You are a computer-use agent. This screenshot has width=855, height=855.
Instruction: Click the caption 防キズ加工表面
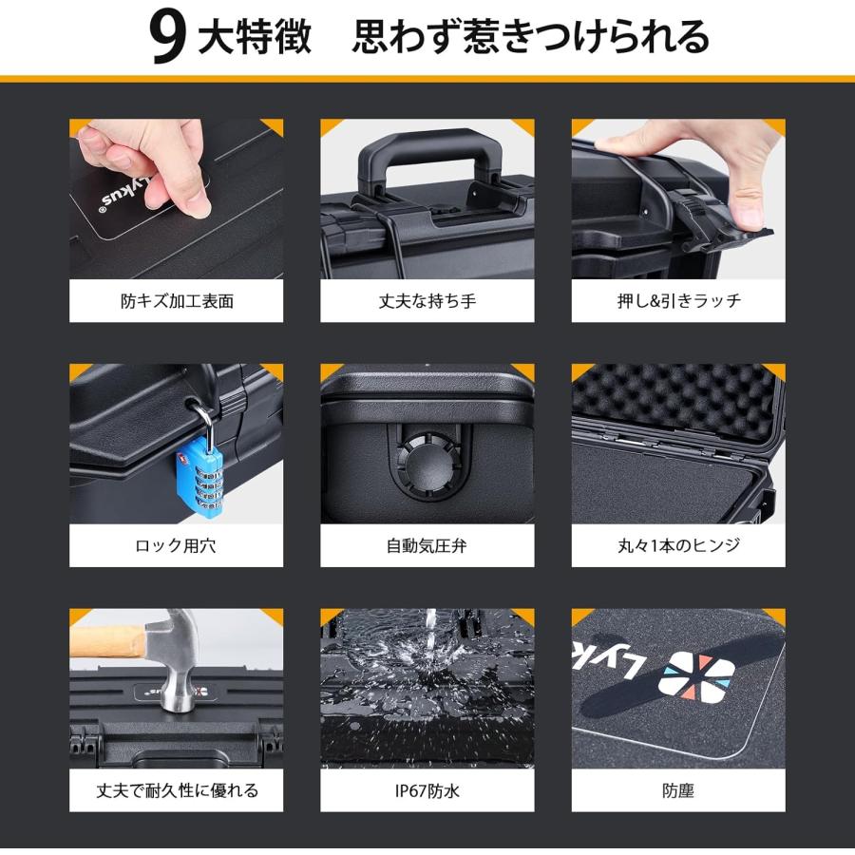(x=177, y=301)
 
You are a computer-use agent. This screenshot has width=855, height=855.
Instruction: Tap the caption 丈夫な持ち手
(x=427, y=301)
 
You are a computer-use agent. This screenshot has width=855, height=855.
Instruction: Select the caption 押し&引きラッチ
(x=678, y=301)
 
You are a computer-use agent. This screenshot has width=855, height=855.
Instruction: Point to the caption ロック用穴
(x=177, y=546)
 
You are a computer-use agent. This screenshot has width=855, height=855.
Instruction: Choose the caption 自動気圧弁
(x=427, y=546)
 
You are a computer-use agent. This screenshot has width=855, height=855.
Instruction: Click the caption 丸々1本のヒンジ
(x=678, y=546)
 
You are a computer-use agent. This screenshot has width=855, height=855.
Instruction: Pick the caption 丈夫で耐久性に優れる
(x=177, y=790)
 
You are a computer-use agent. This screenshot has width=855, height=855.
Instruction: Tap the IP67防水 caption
(x=427, y=790)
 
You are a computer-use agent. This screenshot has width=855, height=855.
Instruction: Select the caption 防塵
(x=678, y=790)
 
